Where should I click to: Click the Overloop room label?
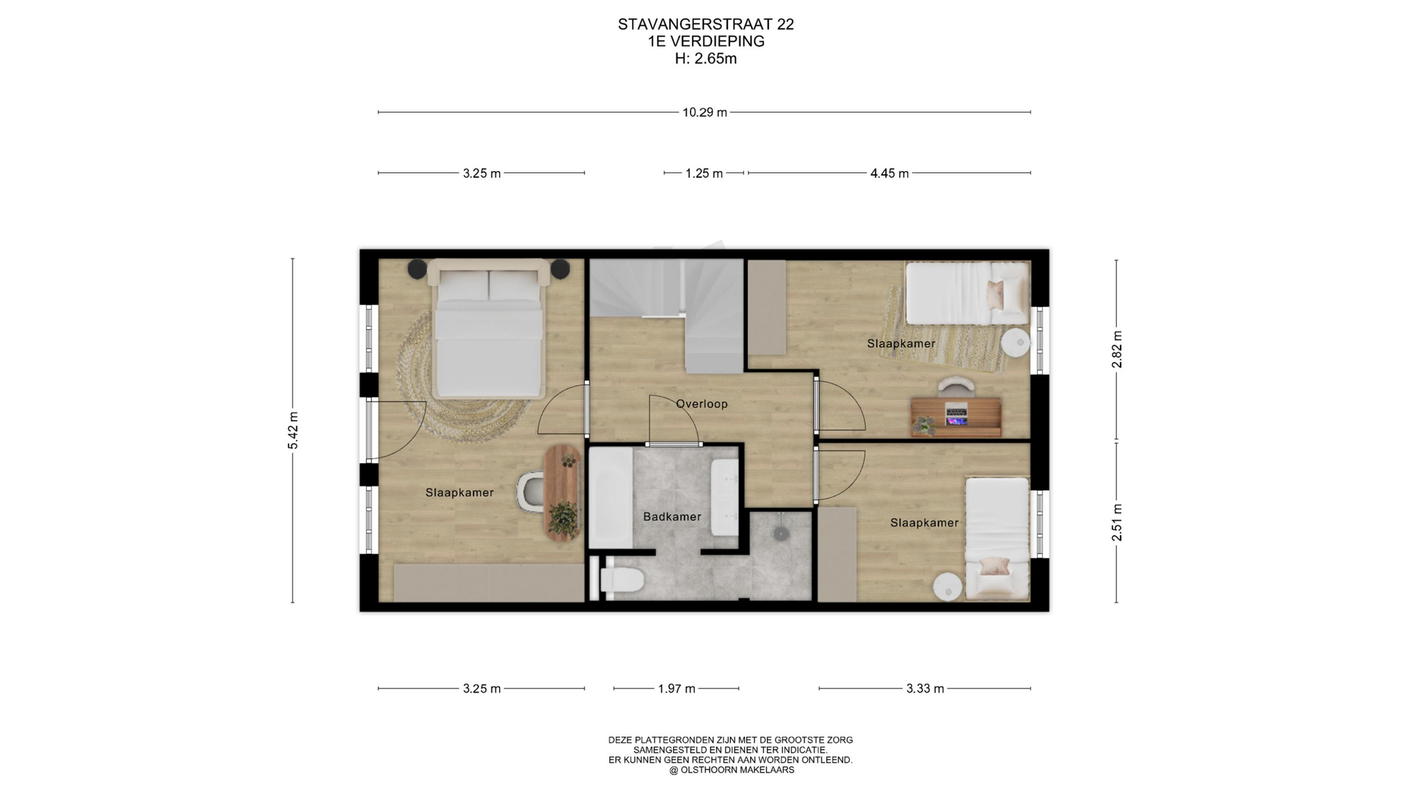(702, 404)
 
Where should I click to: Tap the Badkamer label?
(672, 517)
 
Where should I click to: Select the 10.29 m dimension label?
(704, 112)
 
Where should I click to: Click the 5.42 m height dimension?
(293, 430)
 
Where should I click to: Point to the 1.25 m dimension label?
(704, 173)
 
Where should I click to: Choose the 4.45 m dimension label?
(889, 173)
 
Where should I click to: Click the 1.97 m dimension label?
(677, 689)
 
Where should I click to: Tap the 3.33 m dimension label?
(925, 689)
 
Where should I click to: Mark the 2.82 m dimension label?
(1117, 350)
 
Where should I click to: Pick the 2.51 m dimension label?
(1117, 523)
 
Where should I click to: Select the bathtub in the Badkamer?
(611, 498)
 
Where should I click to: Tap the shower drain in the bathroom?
(781, 534)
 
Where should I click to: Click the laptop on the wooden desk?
(956, 416)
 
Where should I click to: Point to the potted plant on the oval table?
(563, 518)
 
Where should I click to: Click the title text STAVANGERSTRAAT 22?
(706, 24)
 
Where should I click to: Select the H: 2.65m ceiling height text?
(706, 59)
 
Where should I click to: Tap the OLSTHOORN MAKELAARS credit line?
(731, 770)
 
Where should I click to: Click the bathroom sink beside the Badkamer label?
(724, 498)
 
